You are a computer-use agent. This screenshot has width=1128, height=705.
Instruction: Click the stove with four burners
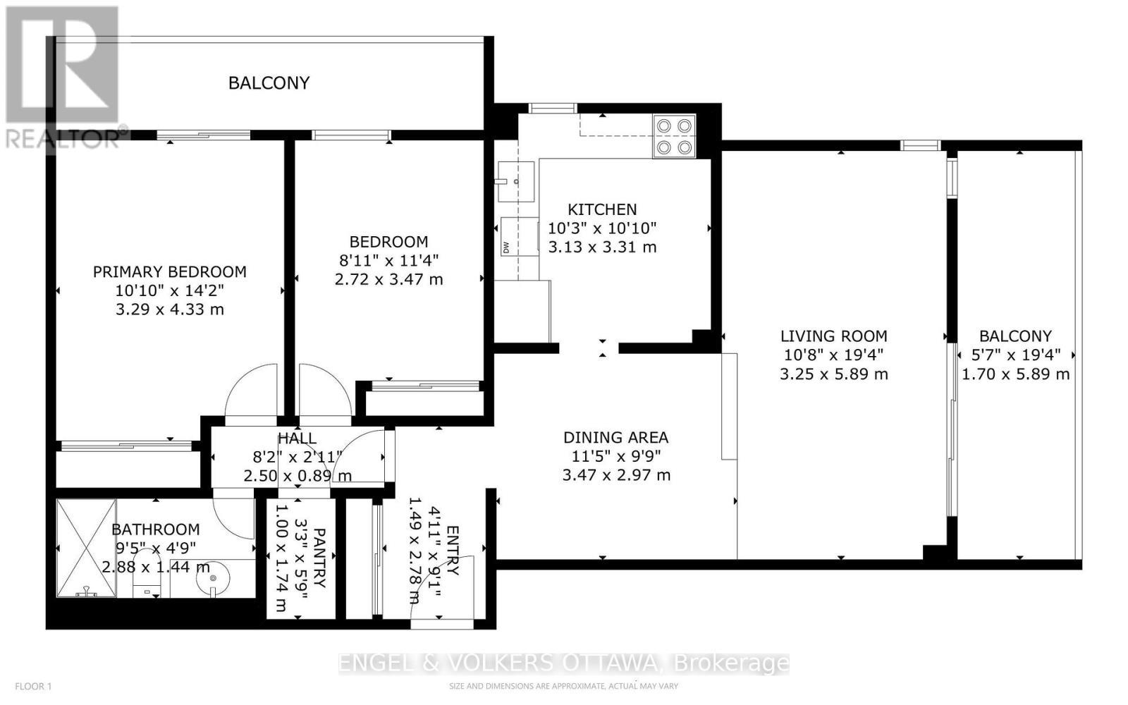point(674,136)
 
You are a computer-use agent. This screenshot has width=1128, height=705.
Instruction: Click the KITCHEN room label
point(602,209)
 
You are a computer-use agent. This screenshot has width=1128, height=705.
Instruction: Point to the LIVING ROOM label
point(833,336)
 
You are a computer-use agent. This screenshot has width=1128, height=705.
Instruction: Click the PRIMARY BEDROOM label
point(170,271)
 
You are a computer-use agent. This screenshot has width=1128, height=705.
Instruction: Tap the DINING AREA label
point(615,438)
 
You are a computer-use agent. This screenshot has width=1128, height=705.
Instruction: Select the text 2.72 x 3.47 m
point(388,279)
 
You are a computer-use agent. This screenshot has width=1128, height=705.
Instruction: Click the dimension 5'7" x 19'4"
point(1015,355)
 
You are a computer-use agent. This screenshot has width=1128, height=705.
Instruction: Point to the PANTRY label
point(319,558)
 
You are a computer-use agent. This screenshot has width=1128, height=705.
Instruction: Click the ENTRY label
point(452,551)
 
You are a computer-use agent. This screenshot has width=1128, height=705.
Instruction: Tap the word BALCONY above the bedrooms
point(269,83)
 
